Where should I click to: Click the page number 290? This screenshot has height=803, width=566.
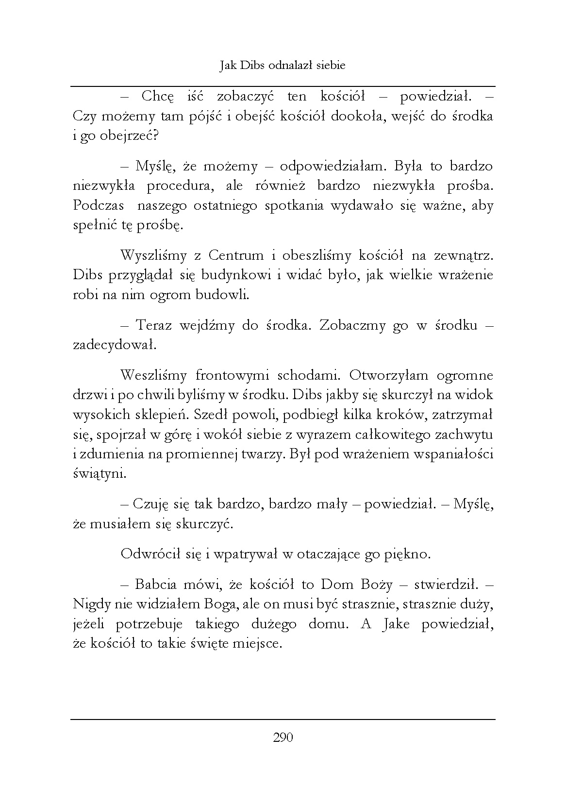[x=283, y=738]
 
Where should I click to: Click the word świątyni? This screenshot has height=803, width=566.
[x=99, y=474]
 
